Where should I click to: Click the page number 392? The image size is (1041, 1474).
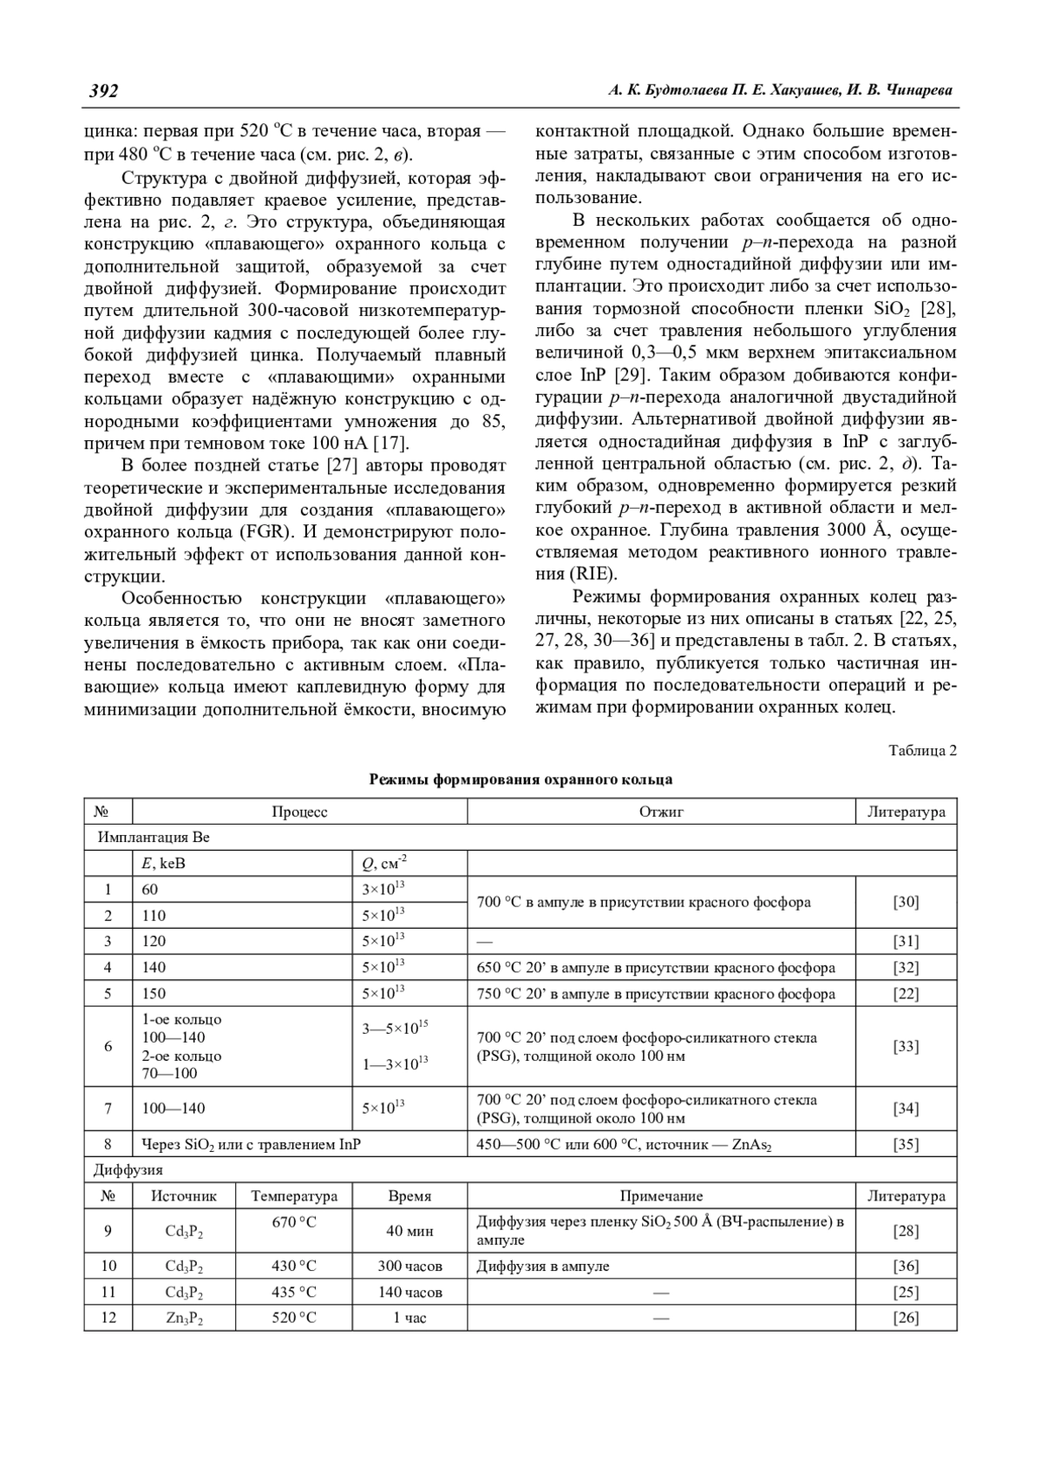[103, 91]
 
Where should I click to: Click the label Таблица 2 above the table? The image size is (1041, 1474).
[922, 750]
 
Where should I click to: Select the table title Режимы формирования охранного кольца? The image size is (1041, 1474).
[520, 779]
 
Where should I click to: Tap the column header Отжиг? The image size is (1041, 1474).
[661, 812]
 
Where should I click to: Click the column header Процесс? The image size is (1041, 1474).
[299, 812]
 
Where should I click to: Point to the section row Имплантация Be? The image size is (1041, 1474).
[154, 838]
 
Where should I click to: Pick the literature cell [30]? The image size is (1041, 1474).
[906, 902]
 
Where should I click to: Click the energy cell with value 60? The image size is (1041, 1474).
[150, 889]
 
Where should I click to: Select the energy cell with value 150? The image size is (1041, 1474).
[154, 993]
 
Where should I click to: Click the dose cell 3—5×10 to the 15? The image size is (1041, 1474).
[395, 1029]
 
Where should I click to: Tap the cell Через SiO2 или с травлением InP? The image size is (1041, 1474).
[251, 1144]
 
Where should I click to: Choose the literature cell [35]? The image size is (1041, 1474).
[906, 1144]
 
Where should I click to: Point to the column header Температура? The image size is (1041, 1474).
[294, 1196]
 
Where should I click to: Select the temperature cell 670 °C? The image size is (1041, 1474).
[294, 1222]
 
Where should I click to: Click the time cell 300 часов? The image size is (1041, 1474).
[409, 1266]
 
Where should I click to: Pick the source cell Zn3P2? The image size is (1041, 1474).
[184, 1318]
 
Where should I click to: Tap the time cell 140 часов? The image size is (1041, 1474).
[409, 1292]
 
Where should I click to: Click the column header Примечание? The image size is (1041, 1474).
[661, 1196]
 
